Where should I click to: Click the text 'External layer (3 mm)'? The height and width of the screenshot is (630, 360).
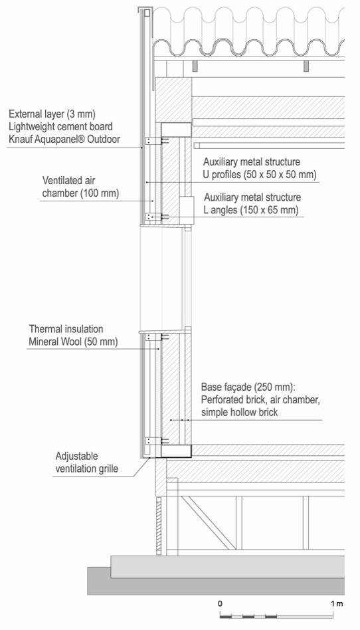pyautogui.click(x=52, y=114)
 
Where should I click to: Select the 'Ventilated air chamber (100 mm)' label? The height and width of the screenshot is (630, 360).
pyautogui.click(x=81, y=187)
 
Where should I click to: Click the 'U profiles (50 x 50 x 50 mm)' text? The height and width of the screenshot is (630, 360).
pyautogui.click(x=260, y=175)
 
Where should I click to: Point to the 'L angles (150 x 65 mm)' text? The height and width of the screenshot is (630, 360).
pyautogui.click(x=251, y=210)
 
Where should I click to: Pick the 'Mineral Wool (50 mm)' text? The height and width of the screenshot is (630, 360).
pyautogui.click(x=74, y=342)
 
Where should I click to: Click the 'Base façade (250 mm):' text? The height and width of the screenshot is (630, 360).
pyautogui.click(x=248, y=387)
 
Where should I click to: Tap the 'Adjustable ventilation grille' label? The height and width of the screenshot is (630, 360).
pyautogui.click(x=86, y=463)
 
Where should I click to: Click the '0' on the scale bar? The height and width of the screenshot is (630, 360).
pyautogui.click(x=220, y=603)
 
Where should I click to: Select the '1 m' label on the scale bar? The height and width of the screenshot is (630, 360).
pyautogui.click(x=337, y=603)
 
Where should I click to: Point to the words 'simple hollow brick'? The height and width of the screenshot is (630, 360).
pyautogui.click(x=240, y=412)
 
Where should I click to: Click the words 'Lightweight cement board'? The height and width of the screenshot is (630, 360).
pyautogui.click(x=60, y=126)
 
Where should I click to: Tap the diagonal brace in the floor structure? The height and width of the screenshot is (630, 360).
pyautogui.click(x=208, y=523)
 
